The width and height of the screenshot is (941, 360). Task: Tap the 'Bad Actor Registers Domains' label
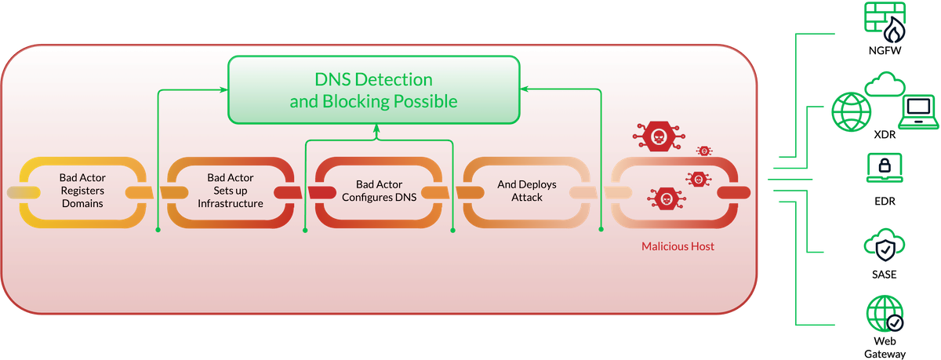click(x=82, y=191)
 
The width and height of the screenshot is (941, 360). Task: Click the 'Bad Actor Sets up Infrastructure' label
click(x=230, y=191)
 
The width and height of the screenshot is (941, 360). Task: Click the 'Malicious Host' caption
click(x=678, y=246)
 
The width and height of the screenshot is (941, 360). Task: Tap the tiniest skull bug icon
click(x=705, y=150)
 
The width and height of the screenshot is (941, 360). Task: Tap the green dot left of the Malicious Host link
click(x=601, y=230)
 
